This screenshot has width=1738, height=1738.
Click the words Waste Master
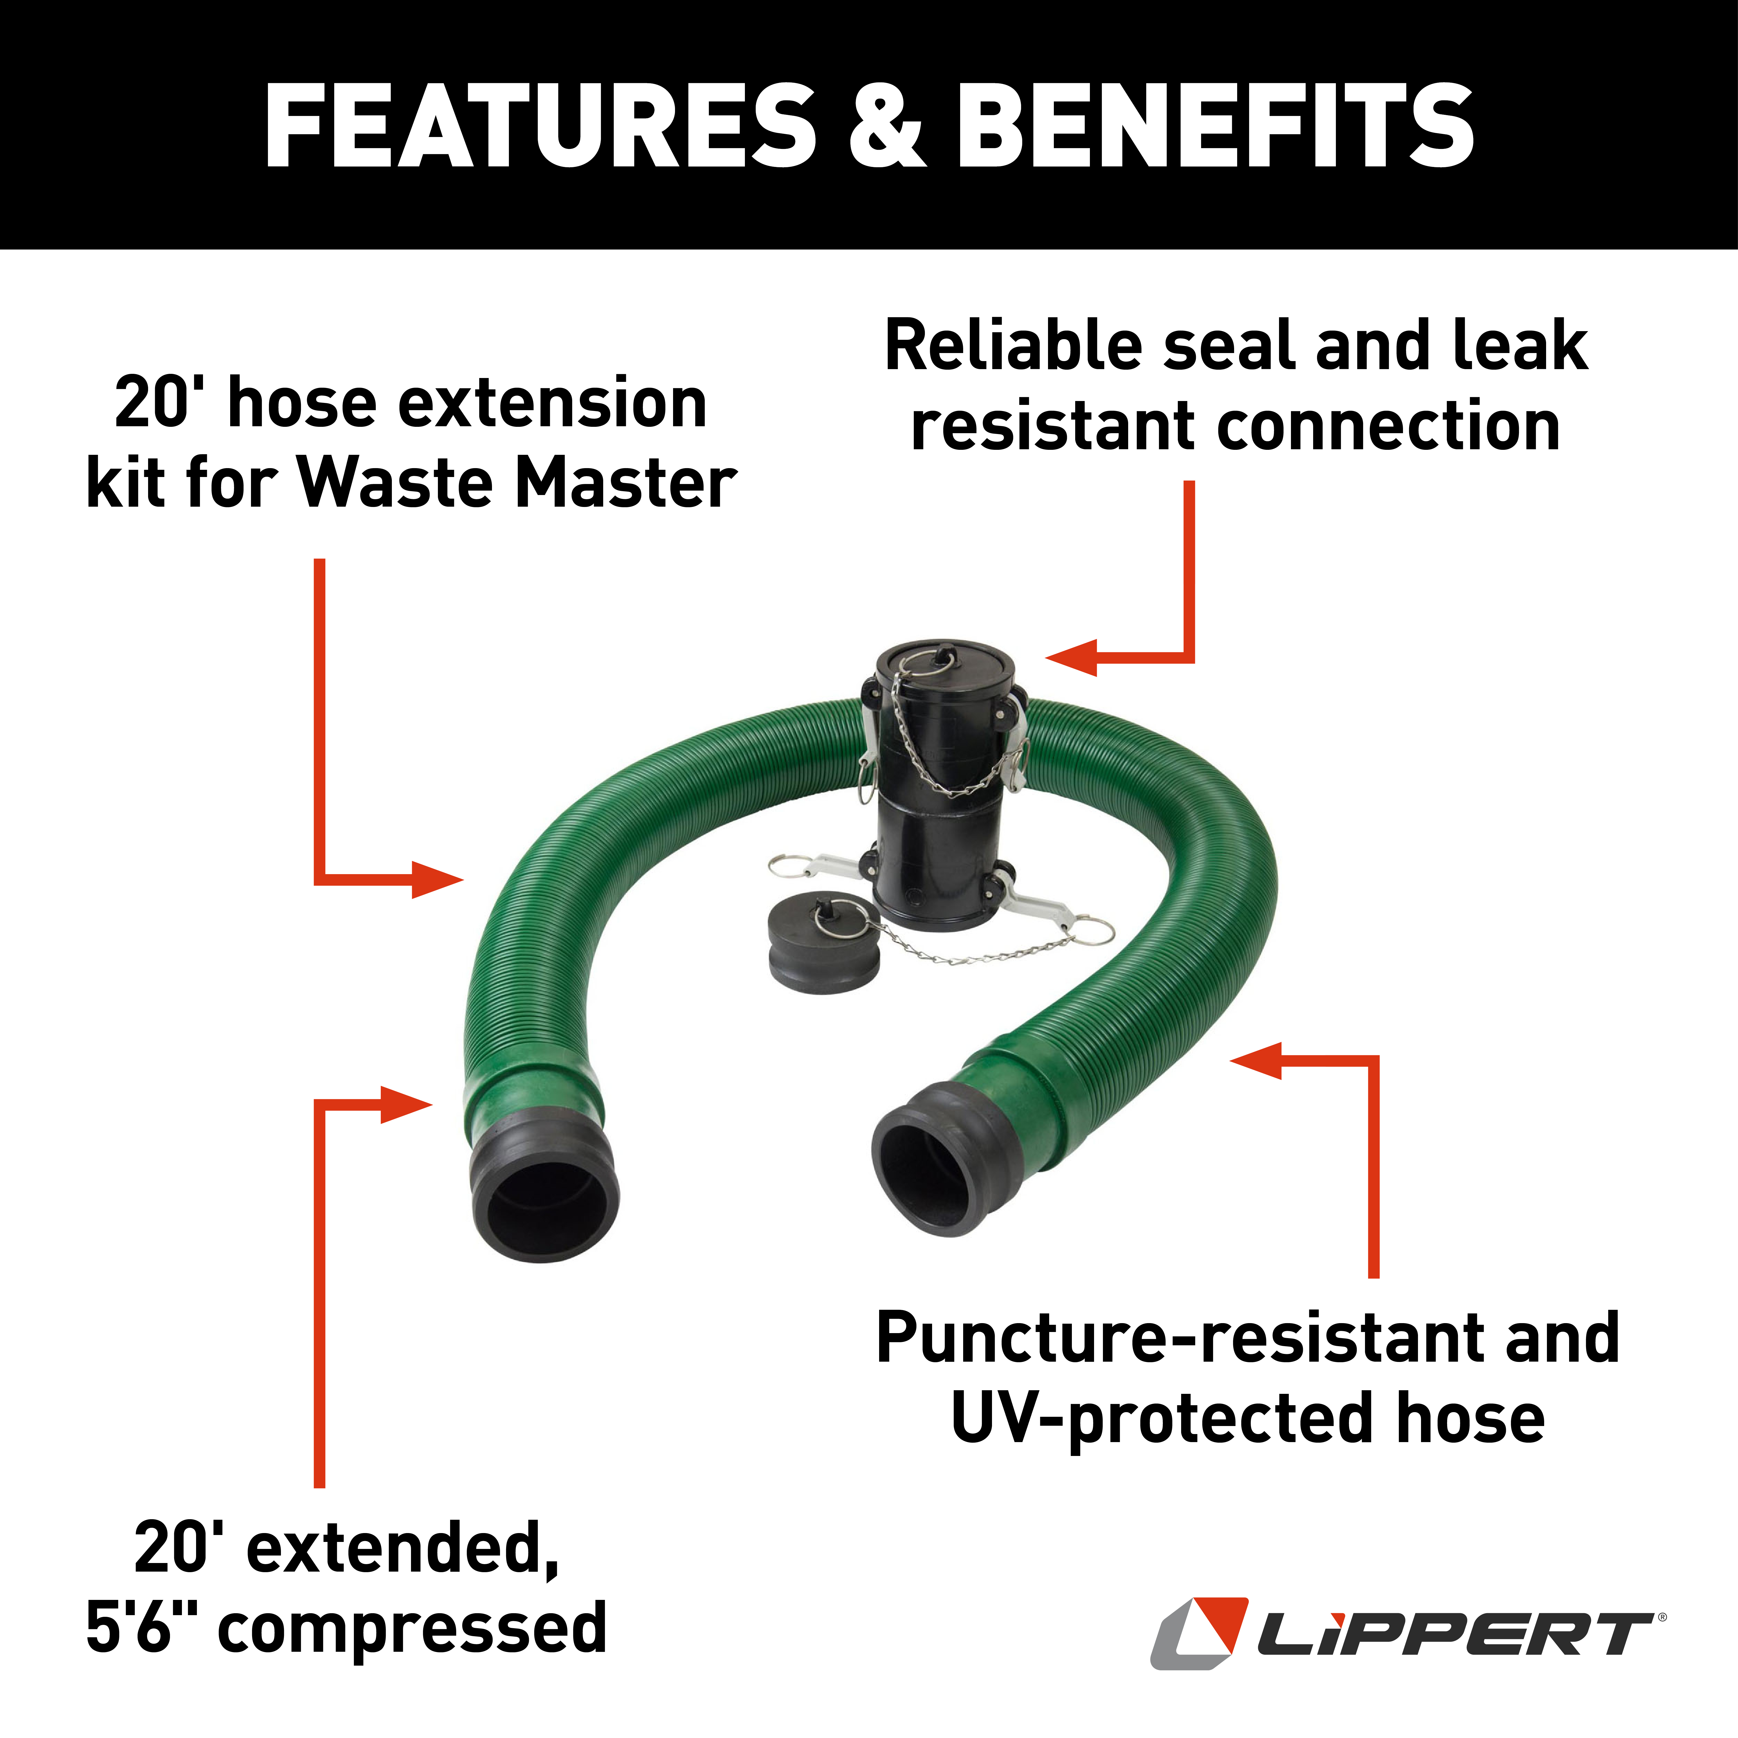point(517,484)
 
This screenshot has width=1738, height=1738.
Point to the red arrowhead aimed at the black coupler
point(1072,657)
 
